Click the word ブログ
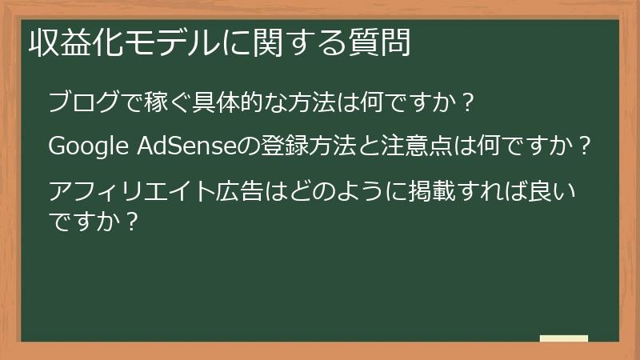click(x=85, y=103)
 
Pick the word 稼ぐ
click(x=170, y=103)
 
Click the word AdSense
click(x=189, y=148)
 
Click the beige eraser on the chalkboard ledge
click(x=564, y=339)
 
